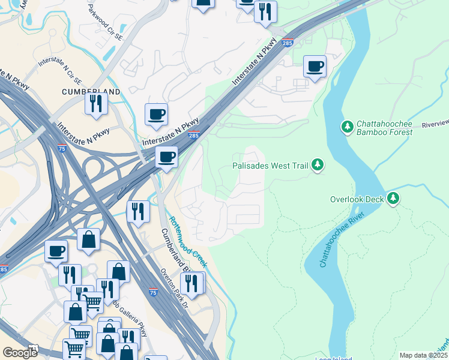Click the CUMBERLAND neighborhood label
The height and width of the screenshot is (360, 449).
(x=91, y=92)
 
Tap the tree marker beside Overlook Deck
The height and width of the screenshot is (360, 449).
(x=393, y=199)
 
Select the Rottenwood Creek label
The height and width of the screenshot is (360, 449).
(x=187, y=242)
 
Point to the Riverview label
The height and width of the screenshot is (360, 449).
(x=435, y=125)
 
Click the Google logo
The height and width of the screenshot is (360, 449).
(x=20, y=353)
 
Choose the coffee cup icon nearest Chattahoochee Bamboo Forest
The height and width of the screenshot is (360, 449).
(x=314, y=67)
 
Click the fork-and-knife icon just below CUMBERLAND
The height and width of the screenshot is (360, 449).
(x=95, y=104)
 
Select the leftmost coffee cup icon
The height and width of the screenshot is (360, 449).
(x=56, y=251)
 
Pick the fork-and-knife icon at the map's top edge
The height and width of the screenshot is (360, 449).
(x=265, y=11)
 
